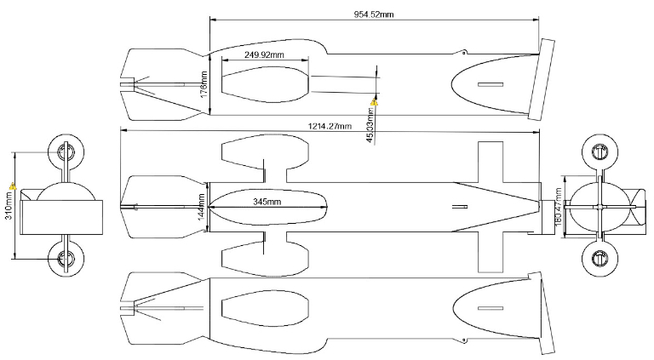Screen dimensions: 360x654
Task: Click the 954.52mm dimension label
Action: [x=374, y=14]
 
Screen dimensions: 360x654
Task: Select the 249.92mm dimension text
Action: [x=264, y=54]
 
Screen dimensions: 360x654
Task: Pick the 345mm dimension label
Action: [x=268, y=201]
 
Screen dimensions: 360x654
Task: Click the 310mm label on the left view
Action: [x=8, y=204]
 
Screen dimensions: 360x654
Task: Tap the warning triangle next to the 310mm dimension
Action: [x=12, y=185]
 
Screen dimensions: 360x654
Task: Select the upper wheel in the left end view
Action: [x=65, y=153]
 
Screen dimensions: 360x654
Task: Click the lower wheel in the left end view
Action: [x=65, y=256]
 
